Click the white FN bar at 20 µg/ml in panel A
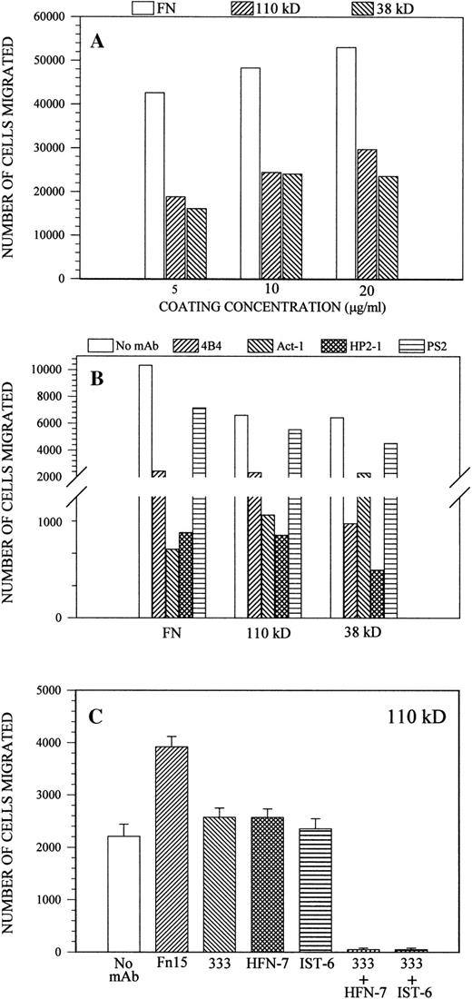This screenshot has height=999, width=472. pos(346,163)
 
